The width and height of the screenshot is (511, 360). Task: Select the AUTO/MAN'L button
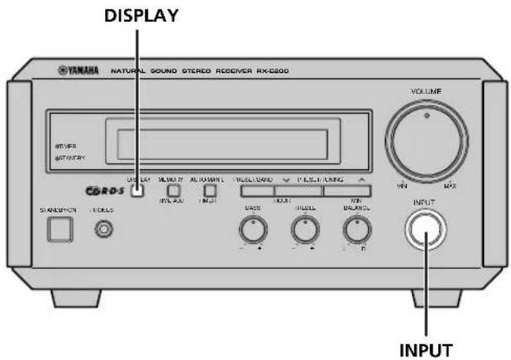(x=210, y=190)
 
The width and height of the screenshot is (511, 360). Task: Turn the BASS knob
(x=253, y=228)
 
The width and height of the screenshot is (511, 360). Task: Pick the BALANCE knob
(x=357, y=228)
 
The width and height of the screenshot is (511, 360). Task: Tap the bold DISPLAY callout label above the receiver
(x=138, y=14)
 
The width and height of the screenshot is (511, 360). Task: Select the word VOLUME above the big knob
(x=426, y=92)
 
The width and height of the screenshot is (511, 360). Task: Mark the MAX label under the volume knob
(x=450, y=185)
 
